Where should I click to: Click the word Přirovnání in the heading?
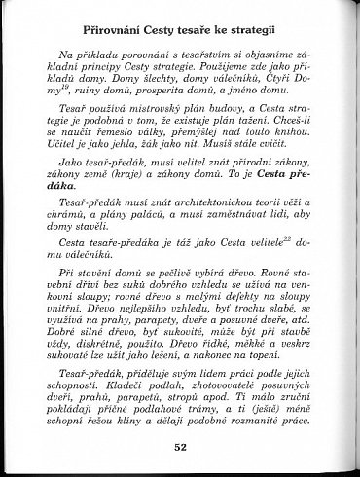[120, 18]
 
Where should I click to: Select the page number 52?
[180, 447]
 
